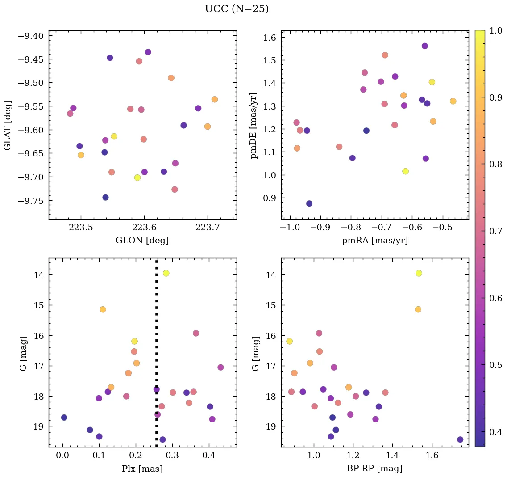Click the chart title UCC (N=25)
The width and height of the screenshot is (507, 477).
pyautogui.click(x=237, y=9)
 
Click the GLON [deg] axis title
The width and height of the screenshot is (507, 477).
pyautogui.click(x=142, y=241)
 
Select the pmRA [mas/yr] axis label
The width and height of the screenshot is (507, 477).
pyautogui.click(x=374, y=241)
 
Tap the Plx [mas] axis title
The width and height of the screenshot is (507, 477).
pyautogui.click(x=142, y=469)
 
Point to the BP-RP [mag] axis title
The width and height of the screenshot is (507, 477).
pyautogui.click(x=374, y=469)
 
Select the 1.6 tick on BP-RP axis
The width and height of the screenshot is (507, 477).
pyautogui.click(x=432, y=456)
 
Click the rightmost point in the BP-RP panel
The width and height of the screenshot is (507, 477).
pyautogui.click(x=460, y=439)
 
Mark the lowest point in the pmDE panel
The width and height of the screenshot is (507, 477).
pyautogui.click(x=309, y=203)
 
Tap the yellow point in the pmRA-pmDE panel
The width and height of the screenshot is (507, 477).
pyautogui.click(x=405, y=171)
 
